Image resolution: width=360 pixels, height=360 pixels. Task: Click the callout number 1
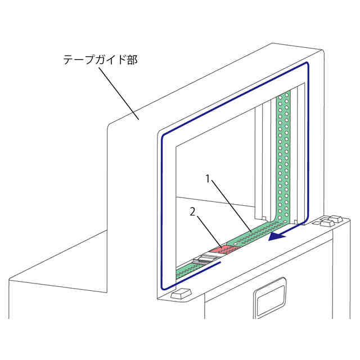(x=208, y=179)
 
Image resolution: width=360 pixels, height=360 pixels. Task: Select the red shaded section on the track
(x=222, y=248)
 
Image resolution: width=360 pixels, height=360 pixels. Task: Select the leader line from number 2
(x=208, y=230)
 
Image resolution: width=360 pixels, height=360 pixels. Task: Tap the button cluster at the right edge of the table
(x=329, y=221)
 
